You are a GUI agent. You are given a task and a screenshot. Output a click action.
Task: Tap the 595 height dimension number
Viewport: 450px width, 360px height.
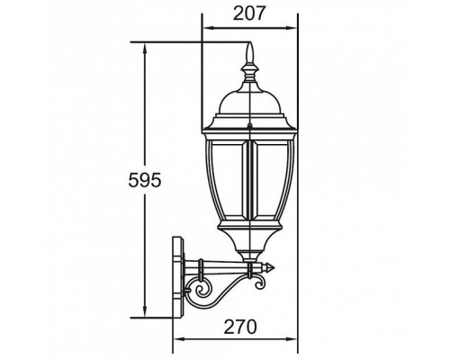point(144,181)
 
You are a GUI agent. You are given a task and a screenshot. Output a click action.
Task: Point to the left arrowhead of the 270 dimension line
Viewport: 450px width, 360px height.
point(175,338)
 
